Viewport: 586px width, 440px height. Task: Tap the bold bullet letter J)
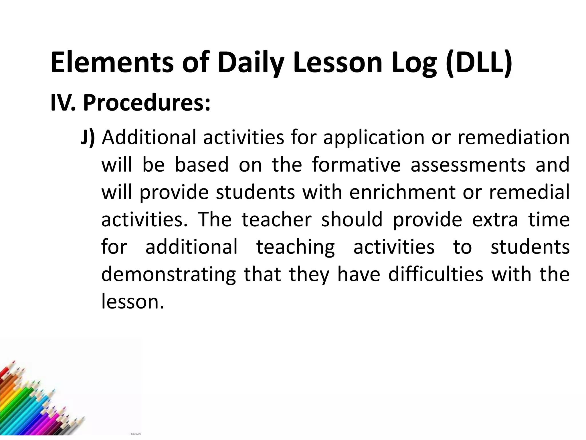(88, 137)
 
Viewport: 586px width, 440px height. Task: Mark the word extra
(495, 220)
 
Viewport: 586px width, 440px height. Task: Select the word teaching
(295, 247)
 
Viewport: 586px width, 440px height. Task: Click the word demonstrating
(169, 275)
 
